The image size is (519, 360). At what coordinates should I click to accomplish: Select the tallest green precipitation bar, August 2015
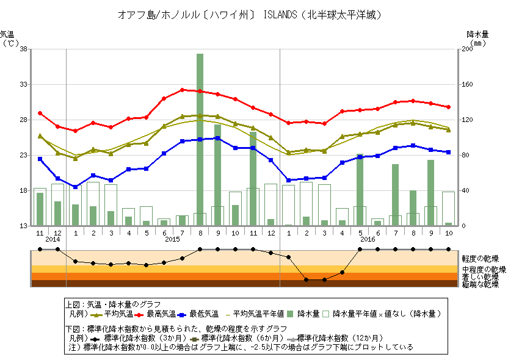tap(200, 139)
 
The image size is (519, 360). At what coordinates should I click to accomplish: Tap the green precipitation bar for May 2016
tap(360, 190)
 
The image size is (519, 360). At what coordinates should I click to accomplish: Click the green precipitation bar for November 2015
tap(253, 187)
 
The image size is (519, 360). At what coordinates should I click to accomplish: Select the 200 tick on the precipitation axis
tap(467, 49)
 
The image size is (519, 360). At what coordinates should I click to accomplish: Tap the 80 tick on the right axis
tap(465, 155)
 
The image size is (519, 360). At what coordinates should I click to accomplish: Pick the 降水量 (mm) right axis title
tap(477, 38)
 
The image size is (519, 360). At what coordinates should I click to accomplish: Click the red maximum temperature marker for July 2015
tap(182, 90)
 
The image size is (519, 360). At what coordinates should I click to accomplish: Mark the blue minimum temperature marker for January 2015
tap(75, 187)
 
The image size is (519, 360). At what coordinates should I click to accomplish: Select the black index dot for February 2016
tap(307, 279)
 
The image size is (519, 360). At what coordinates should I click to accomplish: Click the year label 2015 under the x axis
tap(173, 239)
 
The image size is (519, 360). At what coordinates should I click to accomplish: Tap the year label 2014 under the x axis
tap(53, 239)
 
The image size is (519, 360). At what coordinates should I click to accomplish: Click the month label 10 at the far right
tap(449, 233)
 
